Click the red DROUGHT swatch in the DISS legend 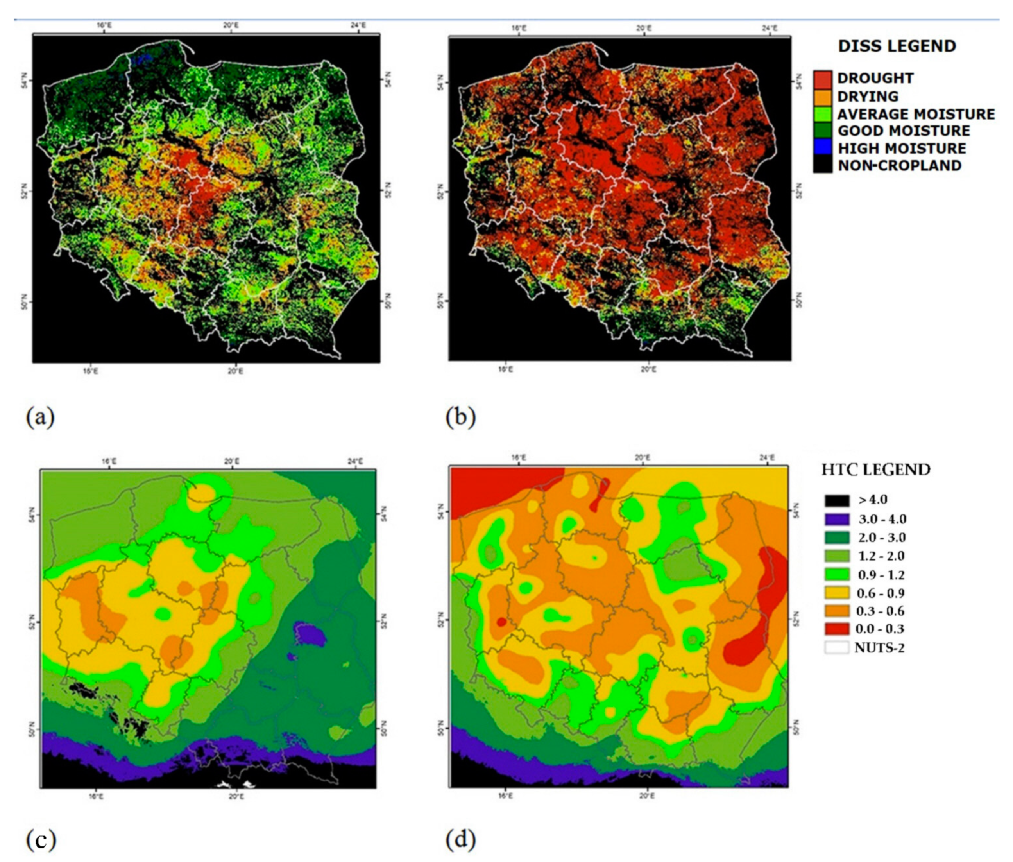click(x=823, y=78)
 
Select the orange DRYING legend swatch click(x=823, y=96)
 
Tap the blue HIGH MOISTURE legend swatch click(x=823, y=148)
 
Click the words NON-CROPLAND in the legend click(x=900, y=166)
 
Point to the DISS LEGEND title click(x=897, y=47)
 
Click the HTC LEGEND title click(x=876, y=470)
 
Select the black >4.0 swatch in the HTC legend click(x=837, y=500)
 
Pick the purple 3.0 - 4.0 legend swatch click(x=837, y=519)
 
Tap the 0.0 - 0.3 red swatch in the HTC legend click(x=837, y=629)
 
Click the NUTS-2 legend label click(x=879, y=648)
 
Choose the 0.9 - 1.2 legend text click(x=881, y=575)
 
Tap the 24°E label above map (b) click(x=770, y=28)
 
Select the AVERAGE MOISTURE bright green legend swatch click(x=823, y=114)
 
